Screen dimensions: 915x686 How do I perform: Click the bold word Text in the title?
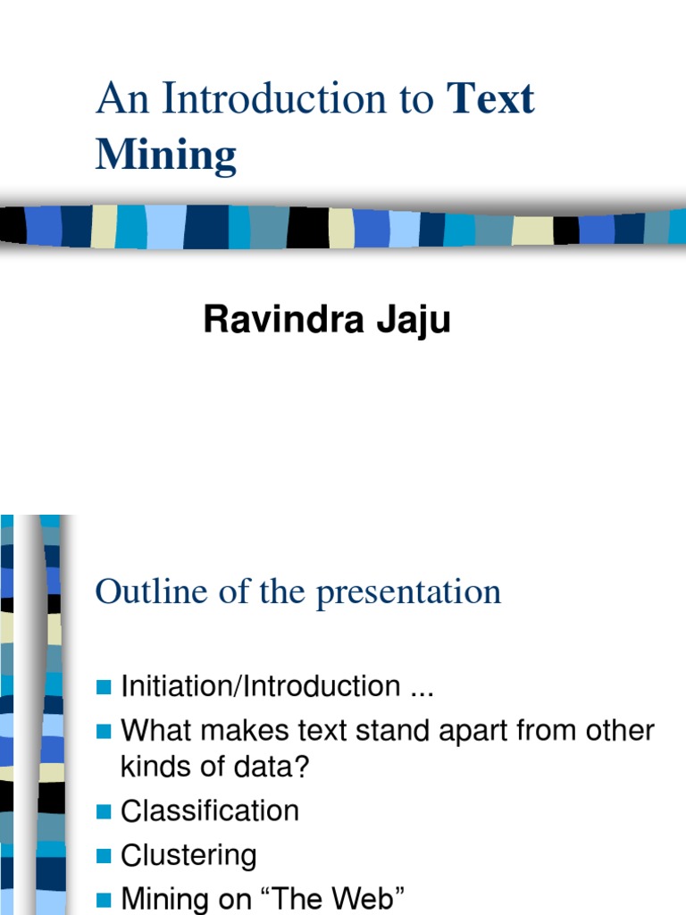490,98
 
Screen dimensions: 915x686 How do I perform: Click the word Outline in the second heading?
144,592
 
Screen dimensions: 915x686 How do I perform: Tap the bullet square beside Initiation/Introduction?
103,687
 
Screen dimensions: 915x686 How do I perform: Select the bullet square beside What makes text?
103,732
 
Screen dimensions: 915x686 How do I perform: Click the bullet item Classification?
210,811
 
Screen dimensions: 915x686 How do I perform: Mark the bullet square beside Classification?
103,812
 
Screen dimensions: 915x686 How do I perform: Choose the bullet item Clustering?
188,856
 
